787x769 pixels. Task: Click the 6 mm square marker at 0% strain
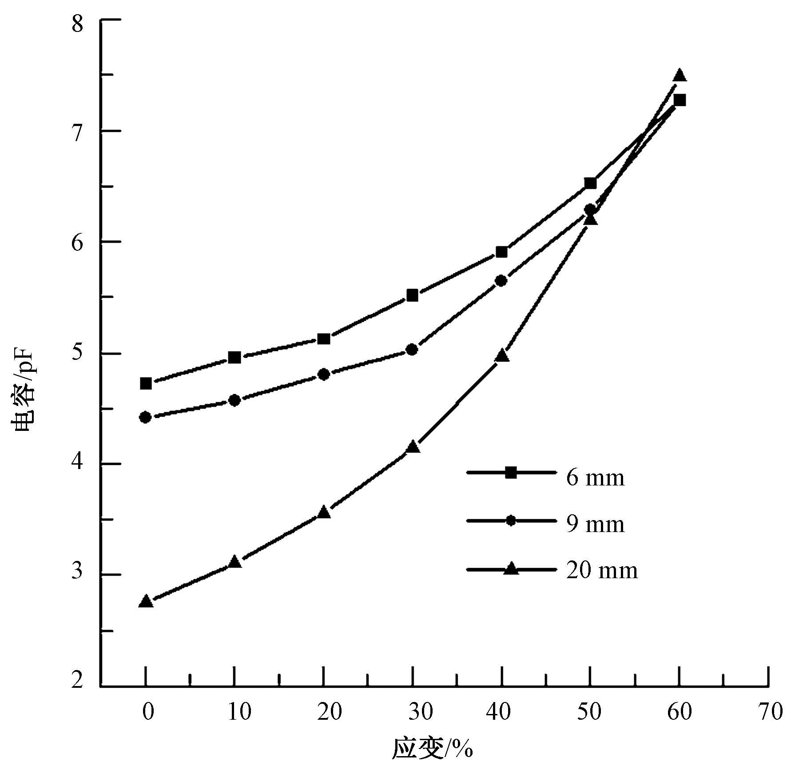click(x=146, y=383)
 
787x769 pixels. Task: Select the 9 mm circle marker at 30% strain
click(x=412, y=350)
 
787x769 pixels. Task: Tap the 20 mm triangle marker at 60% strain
click(x=679, y=75)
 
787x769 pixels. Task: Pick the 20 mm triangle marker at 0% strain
click(x=146, y=602)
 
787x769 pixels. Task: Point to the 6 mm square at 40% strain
click(x=501, y=252)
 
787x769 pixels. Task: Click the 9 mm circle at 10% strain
click(x=235, y=400)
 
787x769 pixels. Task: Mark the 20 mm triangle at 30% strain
click(x=413, y=447)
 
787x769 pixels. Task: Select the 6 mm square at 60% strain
click(x=679, y=100)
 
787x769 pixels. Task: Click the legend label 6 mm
click(x=595, y=478)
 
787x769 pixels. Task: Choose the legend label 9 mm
click(x=595, y=524)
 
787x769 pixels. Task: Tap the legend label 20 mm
click(x=602, y=570)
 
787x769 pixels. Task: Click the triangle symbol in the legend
click(x=511, y=569)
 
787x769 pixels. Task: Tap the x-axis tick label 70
click(x=770, y=712)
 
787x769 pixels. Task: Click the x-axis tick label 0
click(x=148, y=712)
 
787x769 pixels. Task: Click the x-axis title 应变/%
click(x=432, y=749)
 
